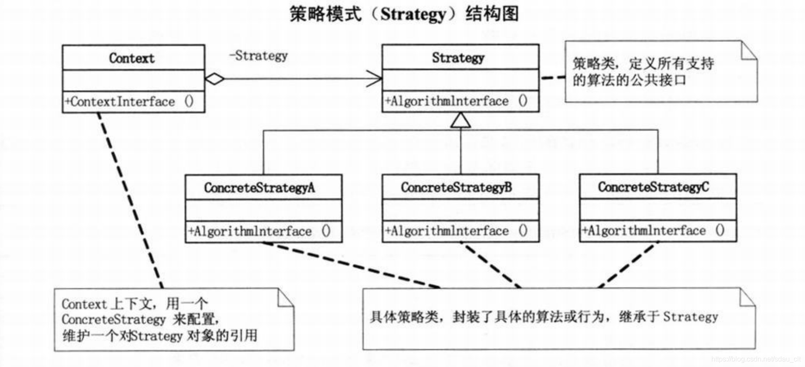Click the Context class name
coord(132,58)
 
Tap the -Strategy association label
coord(259,56)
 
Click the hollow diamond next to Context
coord(215,79)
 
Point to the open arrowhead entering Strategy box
coord(375,79)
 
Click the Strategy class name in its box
coord(458,58)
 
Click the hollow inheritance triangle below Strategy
coord(460,120)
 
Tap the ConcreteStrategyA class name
coord(259,188)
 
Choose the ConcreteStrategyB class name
coord(456,187)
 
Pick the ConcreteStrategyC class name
coord(653,187)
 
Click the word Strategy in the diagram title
coord(413,14)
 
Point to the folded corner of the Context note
coord(285,298)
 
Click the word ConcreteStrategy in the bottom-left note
coord(113,319)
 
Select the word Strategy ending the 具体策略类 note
coord(690,317)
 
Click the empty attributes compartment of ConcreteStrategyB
coord(460,210)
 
